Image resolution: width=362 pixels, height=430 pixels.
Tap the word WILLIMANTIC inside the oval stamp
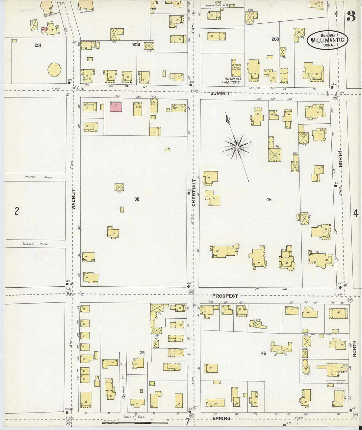point(327,40)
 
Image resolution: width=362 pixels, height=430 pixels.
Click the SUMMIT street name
point(220,93)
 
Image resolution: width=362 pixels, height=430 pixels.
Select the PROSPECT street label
point(225,296)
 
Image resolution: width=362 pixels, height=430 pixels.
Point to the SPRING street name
point(221,418)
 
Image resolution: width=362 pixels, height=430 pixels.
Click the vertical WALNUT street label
point(73,199)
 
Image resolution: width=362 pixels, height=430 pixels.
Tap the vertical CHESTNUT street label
point(194,193)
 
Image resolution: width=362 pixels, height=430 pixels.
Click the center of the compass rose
point(237,146)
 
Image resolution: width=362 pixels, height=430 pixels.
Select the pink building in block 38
point(116,107)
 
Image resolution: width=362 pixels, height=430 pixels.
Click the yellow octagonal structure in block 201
point(54,70)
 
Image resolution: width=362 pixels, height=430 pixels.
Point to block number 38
point(137,199)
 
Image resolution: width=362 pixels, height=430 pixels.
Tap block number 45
point(269,199)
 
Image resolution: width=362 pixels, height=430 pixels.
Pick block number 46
point(263,354)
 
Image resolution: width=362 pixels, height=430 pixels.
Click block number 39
point(142,353)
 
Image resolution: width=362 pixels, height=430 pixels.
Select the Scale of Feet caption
point(134,417)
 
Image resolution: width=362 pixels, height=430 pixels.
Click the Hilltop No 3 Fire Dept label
point(231,81)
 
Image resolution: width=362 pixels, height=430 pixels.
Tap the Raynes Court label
point(39,177)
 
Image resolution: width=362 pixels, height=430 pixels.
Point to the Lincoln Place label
point(35,244)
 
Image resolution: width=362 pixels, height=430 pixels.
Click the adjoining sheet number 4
point(356,214)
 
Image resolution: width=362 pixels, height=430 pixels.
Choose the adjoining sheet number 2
point(16,211)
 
